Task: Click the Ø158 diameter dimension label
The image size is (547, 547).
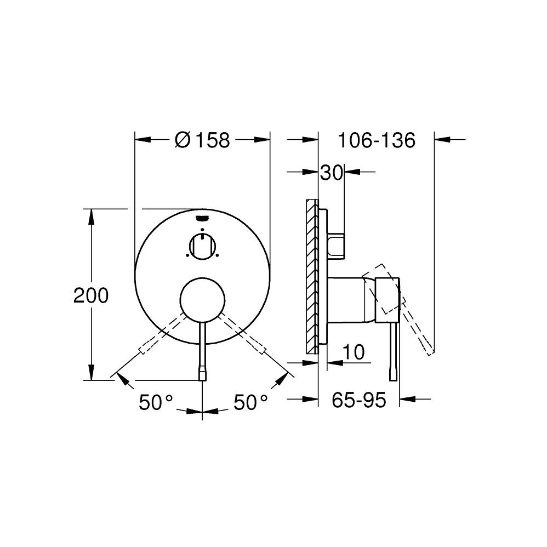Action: pyautogui.click(x=202, y=140)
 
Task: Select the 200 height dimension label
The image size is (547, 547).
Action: pyautogui.click(x=91, y=295)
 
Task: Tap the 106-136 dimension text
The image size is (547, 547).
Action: pyautogui.click(x=377, y=140)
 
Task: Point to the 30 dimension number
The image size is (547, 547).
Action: pyautogui.click(x=332, y=172)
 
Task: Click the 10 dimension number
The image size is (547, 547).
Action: pyautogui.click(x=354, y=352)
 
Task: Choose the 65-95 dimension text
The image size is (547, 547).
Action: pyautogui.click(x=359, y=400)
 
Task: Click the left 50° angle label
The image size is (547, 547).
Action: pyautogui.click(x=156, y=402)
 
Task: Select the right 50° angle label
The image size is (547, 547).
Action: pyautogui.click(x=250, y=402)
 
